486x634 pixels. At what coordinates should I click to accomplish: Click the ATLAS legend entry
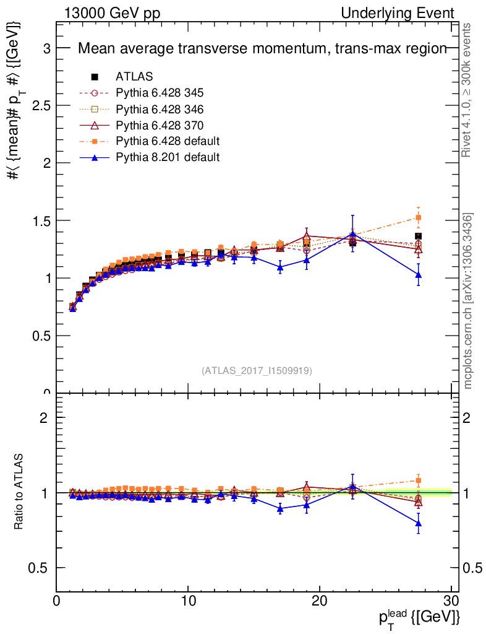[134, 77]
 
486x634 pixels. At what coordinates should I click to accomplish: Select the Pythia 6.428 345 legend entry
[160, 93]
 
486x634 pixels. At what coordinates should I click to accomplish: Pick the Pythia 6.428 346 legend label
[160, 109]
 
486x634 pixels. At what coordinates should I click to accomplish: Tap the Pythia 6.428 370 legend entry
[160, 125]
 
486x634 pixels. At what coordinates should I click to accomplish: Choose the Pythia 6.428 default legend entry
[168, 141]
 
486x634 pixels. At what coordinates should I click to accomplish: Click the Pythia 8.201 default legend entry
[168, 157]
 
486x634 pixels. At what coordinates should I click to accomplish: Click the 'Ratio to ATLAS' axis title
[20, 493]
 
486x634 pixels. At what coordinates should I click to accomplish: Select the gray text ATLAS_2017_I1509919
[256, 371]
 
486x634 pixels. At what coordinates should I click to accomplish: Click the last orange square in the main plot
[419, 217]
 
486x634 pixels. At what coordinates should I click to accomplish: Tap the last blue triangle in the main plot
[419, 274]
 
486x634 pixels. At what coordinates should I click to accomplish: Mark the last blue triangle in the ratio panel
[419, 523]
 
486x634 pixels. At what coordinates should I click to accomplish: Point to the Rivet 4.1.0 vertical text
[468, 90]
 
